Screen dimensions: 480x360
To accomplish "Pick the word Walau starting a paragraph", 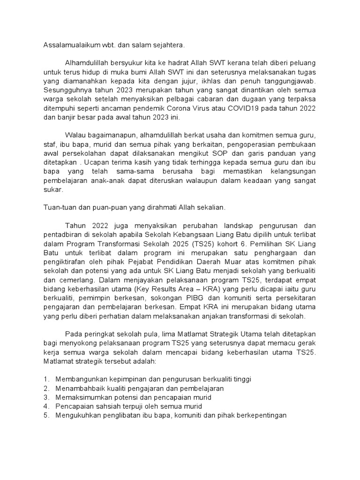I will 76,135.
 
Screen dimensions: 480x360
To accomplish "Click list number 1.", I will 46,378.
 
